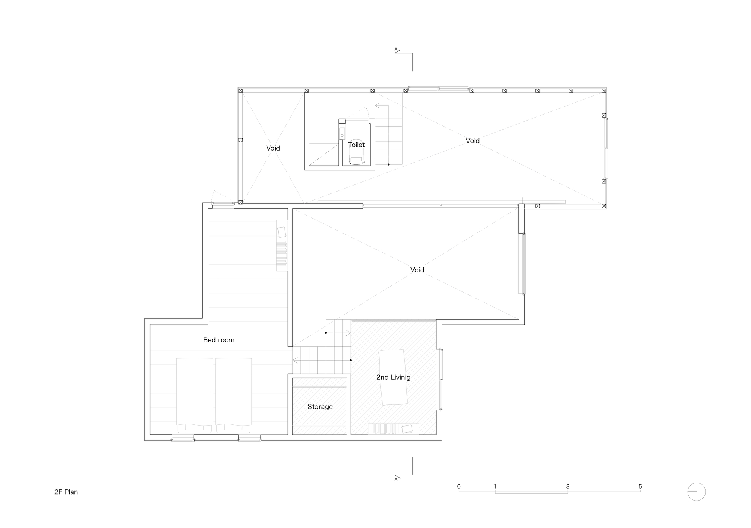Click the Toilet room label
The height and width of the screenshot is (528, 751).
(x=356, y=145)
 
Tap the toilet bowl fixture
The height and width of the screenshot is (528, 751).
(x=356, y=155)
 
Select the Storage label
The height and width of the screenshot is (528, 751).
(x=320, y=406)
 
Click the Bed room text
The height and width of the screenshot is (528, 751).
(x=219, y=340)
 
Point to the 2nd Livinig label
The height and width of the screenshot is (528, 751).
(x=393, y=377)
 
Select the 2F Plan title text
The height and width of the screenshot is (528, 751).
(x=66, y=492)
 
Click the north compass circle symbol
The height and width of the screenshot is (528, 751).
(x=696, y=492)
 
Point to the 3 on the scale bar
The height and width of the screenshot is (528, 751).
(x=567, y=486)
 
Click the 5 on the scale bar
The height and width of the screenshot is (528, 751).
(x=640, y=486)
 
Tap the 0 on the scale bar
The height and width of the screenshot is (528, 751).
(x=459, y=486)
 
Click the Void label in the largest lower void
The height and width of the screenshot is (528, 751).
(x=417, y=270)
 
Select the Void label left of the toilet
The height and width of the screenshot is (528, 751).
(x=273, y=148)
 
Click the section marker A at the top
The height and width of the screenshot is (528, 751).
(x=396, y=49)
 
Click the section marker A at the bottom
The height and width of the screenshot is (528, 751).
(x=396, y=479)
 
